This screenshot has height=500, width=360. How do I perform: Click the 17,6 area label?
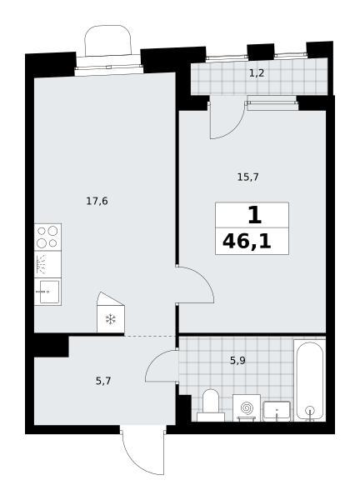(x=97, y=201)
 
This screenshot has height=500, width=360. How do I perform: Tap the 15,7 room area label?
(x=247, y=177)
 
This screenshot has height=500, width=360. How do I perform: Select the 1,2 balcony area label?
(x=257, y=73)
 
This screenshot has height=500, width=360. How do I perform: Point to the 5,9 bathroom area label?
(x=237, y=361)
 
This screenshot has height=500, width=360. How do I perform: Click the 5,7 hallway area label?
(x=103, y=381)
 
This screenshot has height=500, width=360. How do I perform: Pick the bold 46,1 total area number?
(x=247, y=242)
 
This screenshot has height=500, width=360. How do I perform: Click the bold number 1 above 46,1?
(x=255, y=215)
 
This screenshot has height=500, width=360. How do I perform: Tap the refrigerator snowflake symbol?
(x=111, y=319)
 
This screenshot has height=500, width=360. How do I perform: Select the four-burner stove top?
(x=47, y=237)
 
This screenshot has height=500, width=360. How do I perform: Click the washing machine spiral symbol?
(x=246, y=407)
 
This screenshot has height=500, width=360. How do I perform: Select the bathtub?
(x=310, y=380)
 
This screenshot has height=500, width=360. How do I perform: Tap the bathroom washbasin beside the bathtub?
(x=277, y=412)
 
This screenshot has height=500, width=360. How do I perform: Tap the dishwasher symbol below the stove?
(x=47, y=264)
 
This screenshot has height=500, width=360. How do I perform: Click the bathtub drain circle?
(x=310, y=410)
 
